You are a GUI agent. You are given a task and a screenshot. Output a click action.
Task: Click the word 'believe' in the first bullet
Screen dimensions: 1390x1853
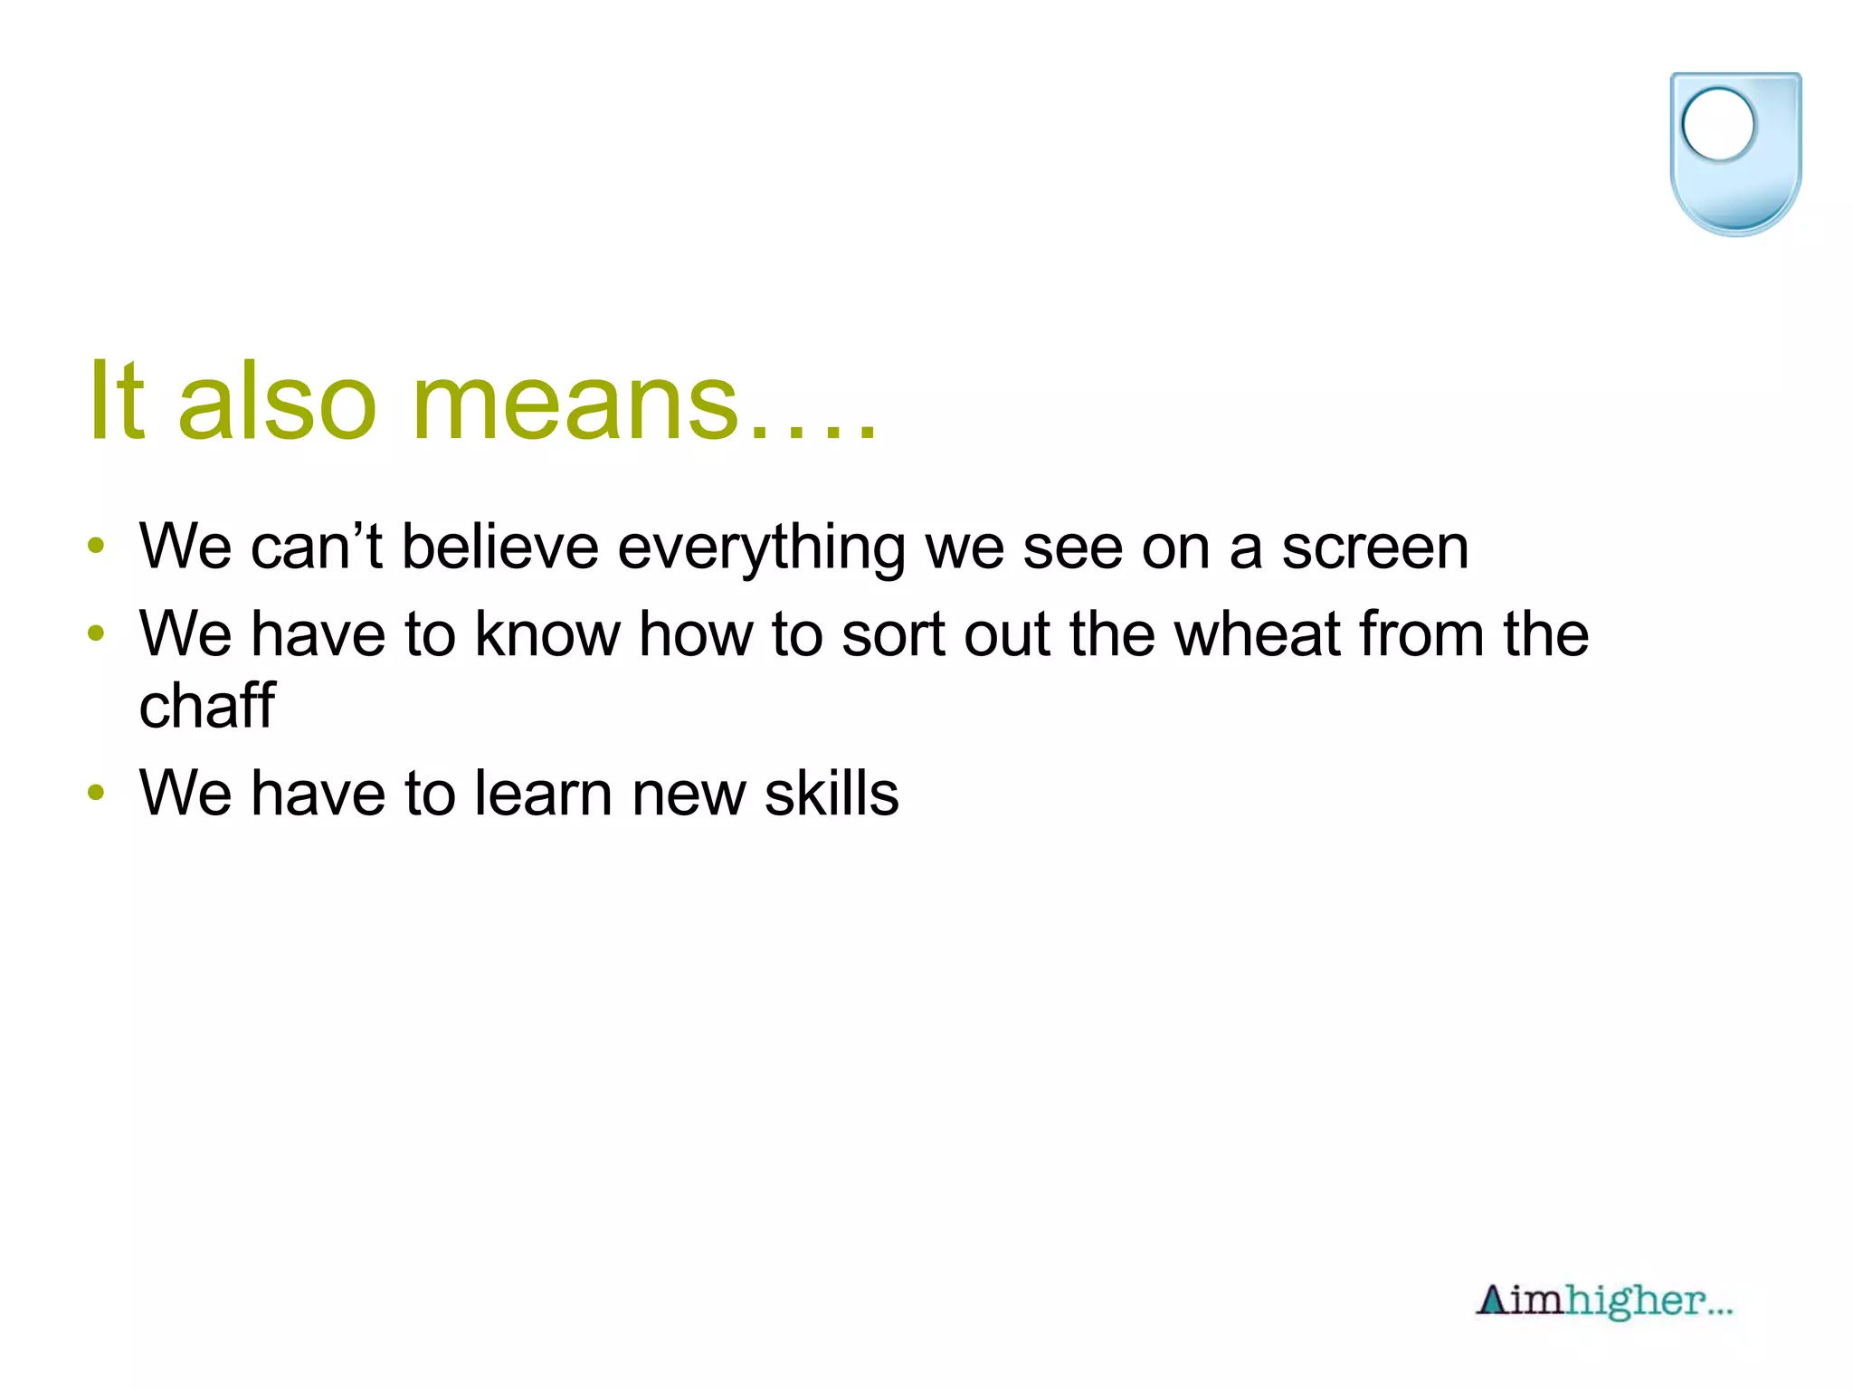click(499, 547)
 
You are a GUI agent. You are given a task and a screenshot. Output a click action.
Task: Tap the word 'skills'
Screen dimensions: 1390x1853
click(831, 794)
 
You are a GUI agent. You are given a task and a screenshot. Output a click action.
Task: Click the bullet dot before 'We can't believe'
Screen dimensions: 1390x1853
click(96, 547)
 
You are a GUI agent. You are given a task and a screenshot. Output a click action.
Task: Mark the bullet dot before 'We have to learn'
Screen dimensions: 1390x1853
click(96, 793)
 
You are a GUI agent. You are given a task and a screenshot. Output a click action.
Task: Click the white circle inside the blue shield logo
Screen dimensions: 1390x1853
click(1717, 125)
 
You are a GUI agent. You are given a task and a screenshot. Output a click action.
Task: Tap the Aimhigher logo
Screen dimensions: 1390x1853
click(1603, 1301)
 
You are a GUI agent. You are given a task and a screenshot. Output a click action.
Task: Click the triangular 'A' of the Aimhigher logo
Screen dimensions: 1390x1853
click(1492, 1300)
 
